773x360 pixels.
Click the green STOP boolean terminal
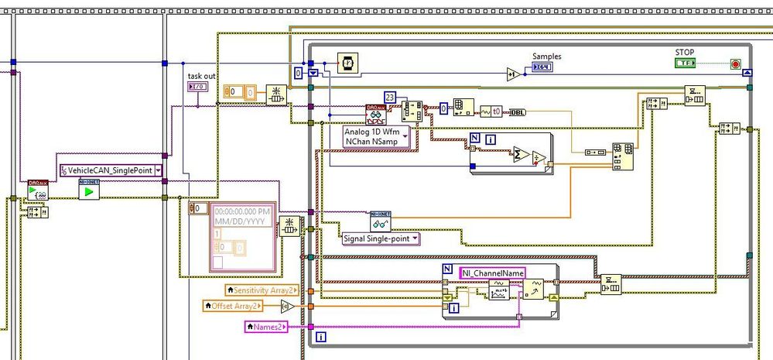click(685, 63)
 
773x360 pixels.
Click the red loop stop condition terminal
click(735, 63)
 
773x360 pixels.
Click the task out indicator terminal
click(197, 86)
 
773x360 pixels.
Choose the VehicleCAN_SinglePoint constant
click(111, 170)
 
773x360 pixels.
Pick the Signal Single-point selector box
click(381, 238)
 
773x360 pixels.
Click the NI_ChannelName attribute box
click(492, 273)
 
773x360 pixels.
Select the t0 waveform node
click(491, 111)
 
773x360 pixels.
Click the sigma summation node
click(520, 154)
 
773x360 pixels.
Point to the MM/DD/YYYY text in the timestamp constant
click(241, 221)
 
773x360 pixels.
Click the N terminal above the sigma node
click(475, 139)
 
